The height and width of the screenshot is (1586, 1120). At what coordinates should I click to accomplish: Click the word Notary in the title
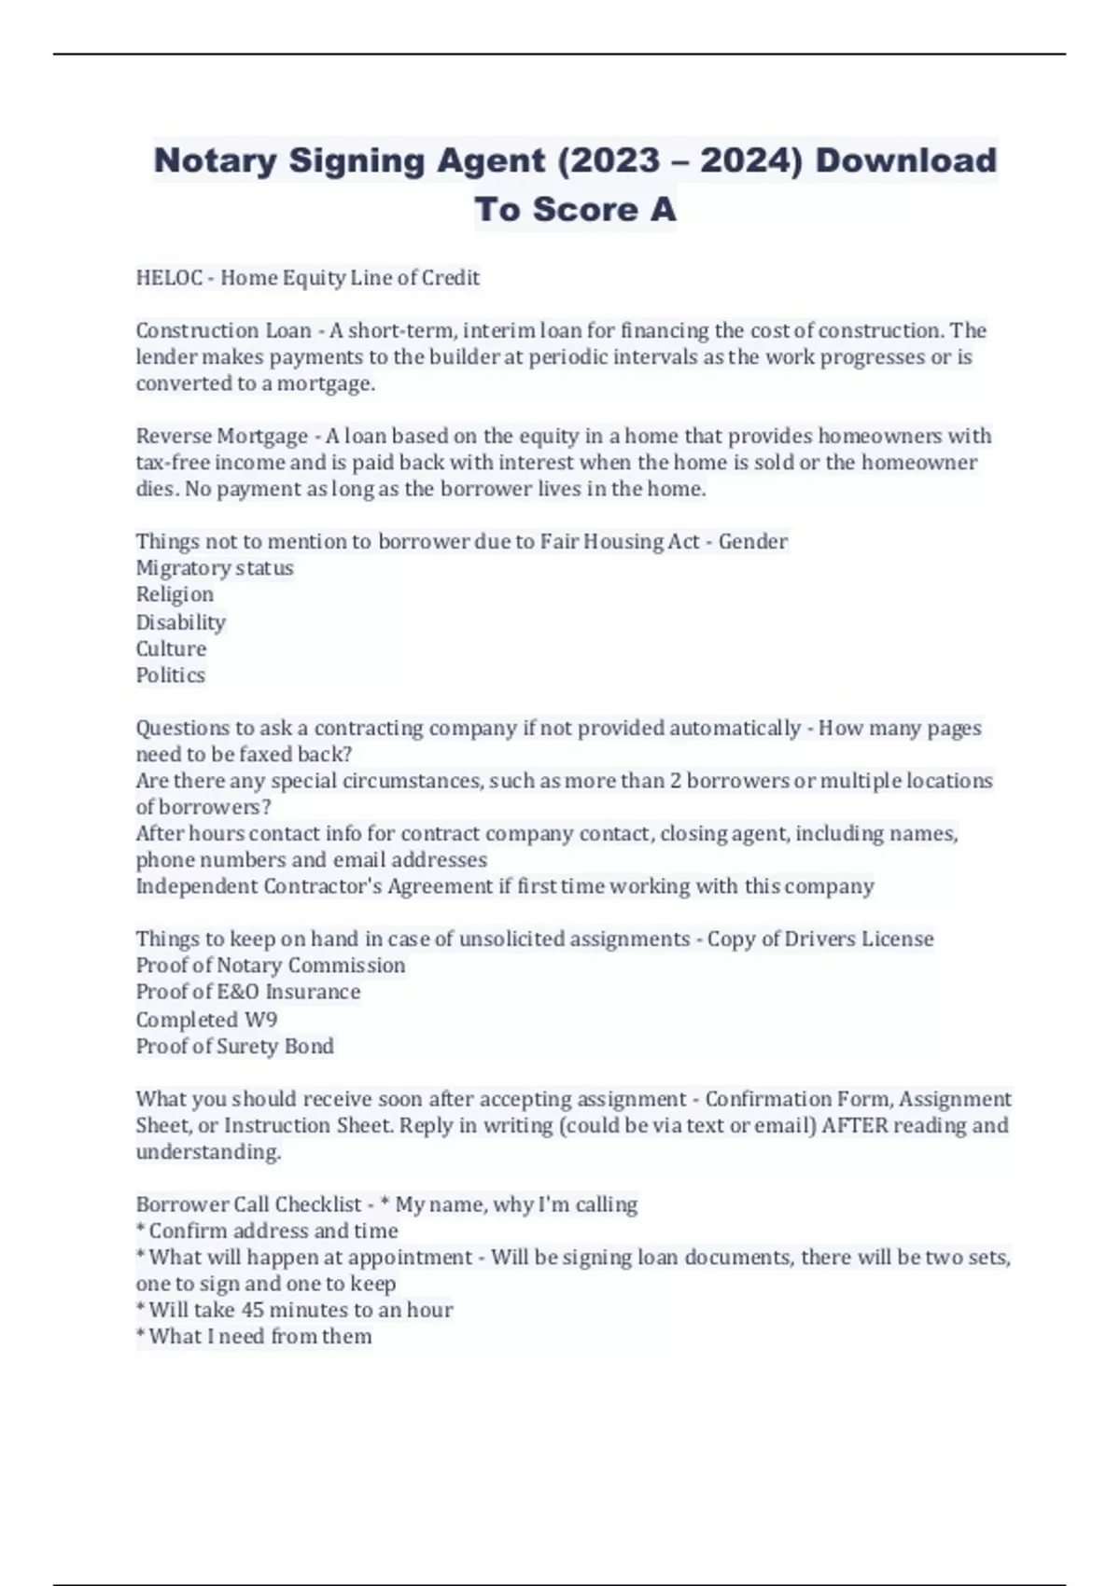click(215, 160)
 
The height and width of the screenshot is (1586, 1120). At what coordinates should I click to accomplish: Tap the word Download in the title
click(905, 160)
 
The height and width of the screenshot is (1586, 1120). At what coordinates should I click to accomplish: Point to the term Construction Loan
click(223, 330)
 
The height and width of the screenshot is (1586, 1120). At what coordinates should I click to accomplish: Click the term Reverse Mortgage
click(222, 436)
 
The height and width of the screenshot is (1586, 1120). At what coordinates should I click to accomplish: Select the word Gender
click(752, 541)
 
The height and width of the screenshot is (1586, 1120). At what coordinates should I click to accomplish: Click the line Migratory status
click(215, 568)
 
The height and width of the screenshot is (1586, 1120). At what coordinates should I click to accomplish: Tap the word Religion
click(175, 594)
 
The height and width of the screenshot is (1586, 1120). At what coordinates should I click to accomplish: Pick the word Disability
click(181, 621)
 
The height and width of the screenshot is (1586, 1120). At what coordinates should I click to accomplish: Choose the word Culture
click(171, 648)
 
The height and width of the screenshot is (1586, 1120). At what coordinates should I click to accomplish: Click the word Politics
click(170, 675)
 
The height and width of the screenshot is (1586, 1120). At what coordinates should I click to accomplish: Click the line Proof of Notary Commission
click(271, 966)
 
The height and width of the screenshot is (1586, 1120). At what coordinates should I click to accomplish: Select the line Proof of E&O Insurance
click(248, 992)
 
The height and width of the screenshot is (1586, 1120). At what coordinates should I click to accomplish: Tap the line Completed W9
click(206, 1019)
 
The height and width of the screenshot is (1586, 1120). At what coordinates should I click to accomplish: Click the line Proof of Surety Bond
click(234, 1046)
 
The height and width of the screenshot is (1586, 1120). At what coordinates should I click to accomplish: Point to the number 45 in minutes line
click(253, 1310)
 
